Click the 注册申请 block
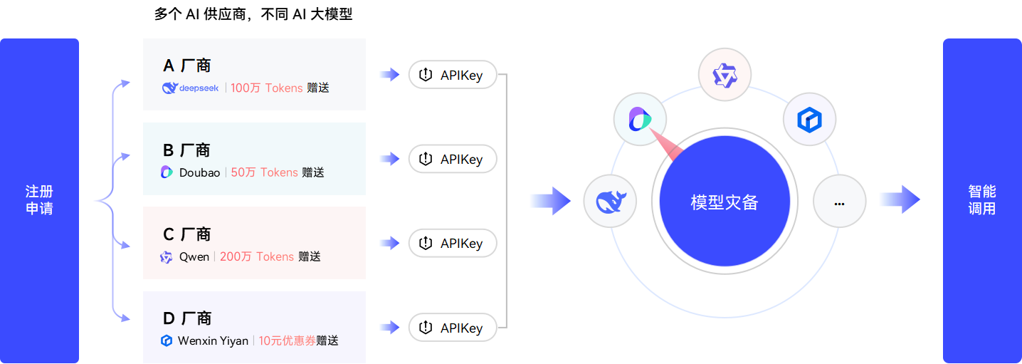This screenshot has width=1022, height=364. point(39,200)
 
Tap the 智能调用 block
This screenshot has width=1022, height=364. point(981,200)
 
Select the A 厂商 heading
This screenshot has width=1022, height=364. point(186,66)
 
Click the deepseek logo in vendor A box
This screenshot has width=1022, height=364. point(190,88)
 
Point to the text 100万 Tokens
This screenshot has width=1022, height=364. point(267,88)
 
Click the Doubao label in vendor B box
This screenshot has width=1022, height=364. point(199,172)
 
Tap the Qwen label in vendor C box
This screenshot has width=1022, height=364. point(194,256)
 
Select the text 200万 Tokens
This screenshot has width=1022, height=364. point(256,256)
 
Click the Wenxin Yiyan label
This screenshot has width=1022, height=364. point(213,340)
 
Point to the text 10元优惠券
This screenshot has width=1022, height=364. point(287,340)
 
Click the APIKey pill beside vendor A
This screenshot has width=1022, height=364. point(452,75)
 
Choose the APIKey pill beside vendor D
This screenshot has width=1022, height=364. point(452,328)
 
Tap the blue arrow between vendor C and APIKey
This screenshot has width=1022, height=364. point(389,244)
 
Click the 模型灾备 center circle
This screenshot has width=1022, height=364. point(725,202)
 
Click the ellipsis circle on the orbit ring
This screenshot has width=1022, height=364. point(839,202)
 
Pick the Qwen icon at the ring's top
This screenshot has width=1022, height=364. point(725,74)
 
